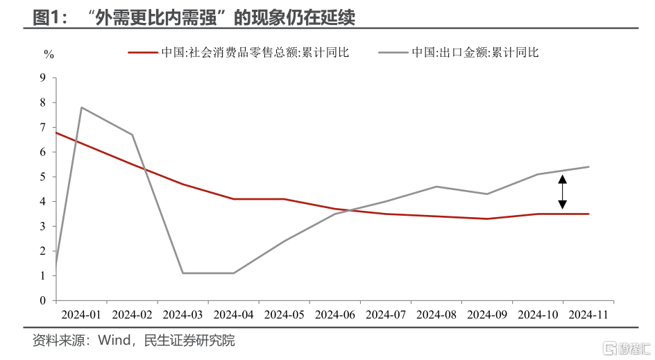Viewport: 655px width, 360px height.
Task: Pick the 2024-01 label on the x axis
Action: click(80, 314)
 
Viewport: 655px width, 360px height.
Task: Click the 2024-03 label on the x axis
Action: click(182, 314)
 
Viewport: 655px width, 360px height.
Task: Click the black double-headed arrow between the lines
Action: click(563, 192)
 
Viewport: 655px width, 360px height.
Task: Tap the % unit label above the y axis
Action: click(49, 53)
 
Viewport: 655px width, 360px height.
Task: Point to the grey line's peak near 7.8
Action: click(82, 108)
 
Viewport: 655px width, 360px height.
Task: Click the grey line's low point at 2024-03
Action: click(182, 273)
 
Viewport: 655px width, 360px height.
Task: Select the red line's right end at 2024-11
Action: click(588, 214)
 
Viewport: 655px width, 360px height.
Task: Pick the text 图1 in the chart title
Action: click(48, 18)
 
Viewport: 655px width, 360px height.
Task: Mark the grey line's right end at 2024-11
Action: click(588, 166)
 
